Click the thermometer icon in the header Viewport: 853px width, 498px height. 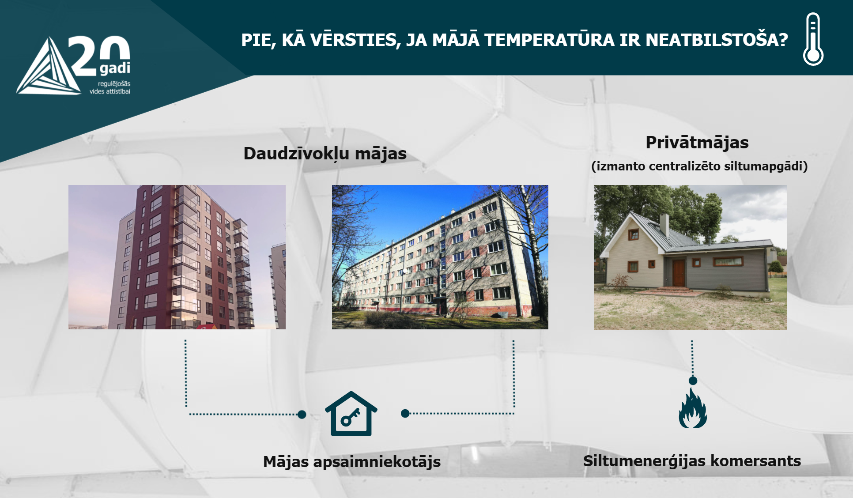click(813, 39)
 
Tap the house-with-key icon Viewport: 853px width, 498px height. click(351, 414)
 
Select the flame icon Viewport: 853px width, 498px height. click(693, 409)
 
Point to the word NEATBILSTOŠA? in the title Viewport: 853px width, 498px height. click(717, 40)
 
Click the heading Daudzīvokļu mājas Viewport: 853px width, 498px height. click(325, 154)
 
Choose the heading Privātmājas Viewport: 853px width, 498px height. click(697, 143)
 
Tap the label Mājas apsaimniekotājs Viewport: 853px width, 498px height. click(352, 462)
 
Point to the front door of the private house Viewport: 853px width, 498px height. click(678, 272)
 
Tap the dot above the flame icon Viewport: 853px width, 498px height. click(693, 381)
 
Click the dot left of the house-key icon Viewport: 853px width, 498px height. click(302, 414)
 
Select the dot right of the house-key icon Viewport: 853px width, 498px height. click(405, 413)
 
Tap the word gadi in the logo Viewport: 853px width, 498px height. click(115, 68)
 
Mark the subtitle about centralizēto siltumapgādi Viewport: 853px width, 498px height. click(699, 166)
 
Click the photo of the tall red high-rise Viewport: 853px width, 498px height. click(177, 257)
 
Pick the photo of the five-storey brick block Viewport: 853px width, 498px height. click(440, 257)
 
